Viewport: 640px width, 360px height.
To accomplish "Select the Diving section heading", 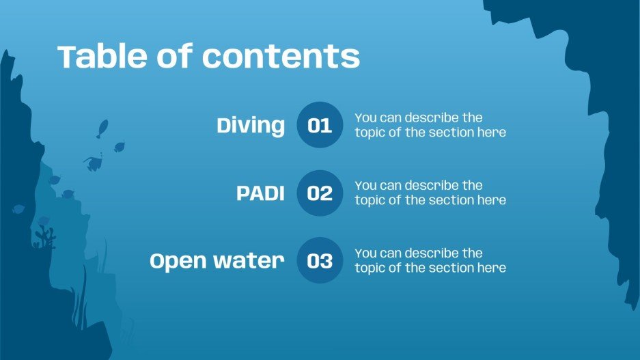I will [251, 126].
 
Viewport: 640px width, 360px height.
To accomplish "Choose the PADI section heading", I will [260, 193].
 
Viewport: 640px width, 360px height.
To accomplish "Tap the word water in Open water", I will [249, 261].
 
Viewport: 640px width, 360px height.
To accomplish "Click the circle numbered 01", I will [320, 125].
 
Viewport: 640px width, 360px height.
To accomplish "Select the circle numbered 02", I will [320, 193].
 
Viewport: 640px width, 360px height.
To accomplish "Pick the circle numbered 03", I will [320, 261].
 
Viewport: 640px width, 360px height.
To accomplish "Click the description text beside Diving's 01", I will [430, 125].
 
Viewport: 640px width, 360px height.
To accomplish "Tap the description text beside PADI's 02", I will [430, 193].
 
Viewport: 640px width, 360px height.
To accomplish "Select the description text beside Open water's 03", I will [430, 260].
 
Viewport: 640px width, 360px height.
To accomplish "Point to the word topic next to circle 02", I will [370, 200].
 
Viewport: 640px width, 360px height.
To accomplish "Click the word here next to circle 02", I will [492, 200].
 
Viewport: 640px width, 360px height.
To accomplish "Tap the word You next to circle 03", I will [365, 253].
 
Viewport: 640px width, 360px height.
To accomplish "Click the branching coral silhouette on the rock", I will [45, 237].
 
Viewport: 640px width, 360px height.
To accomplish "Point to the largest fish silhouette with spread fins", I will [93, 163].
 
